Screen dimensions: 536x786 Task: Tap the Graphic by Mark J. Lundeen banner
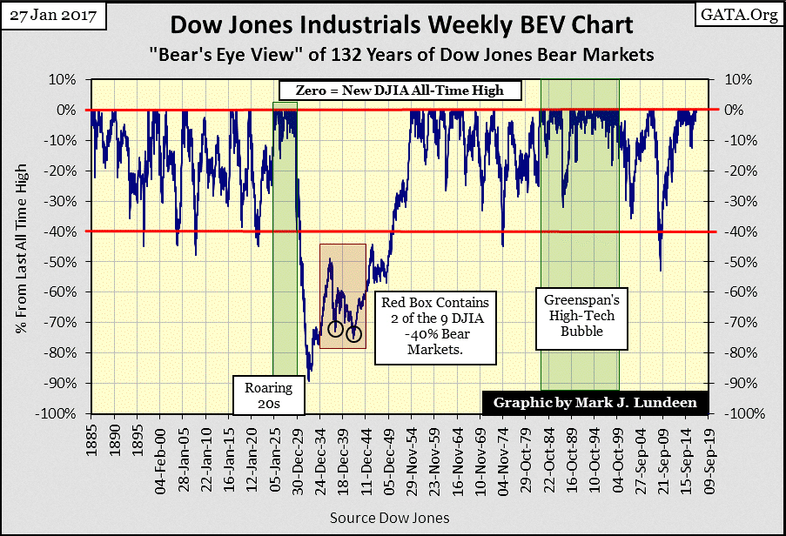(x=595, y=404)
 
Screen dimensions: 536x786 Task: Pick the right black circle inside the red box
(x=353, y=334)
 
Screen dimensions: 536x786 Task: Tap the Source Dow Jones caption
(x=389, y=518)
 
